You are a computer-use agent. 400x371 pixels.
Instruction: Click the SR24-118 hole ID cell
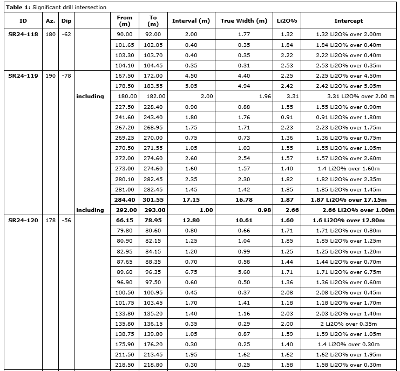point(23,35)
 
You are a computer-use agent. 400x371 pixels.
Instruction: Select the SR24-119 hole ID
point(23,76)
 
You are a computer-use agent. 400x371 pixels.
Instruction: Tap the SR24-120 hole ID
point(23,221)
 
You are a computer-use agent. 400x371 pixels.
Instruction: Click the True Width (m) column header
point(243,21)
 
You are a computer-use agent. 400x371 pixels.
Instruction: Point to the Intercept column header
point(348,21)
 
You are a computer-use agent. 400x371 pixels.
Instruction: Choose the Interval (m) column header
point(191,21)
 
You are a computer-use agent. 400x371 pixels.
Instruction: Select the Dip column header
point(66,21)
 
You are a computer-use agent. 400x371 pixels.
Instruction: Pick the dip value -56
point(66,221)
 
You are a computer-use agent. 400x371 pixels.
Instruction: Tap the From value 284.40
point(125,200)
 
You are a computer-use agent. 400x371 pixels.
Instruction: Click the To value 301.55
point(153,200)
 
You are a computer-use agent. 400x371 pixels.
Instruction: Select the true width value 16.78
point(244,200)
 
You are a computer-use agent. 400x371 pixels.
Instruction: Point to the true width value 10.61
point(244,221)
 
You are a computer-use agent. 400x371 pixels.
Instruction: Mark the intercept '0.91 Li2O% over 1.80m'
point(348,118)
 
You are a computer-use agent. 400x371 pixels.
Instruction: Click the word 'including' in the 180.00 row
point(90,97)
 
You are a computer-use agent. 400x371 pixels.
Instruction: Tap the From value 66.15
point(125,221)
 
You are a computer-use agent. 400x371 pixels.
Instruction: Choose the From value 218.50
point(125,365)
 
